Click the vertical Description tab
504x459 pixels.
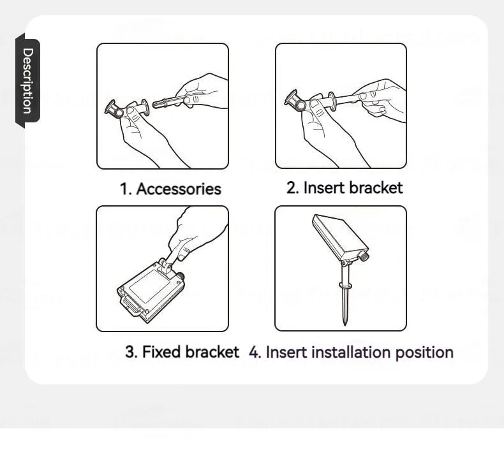[27, 80]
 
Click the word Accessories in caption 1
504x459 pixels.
[179, 189]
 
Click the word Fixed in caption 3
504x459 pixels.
[161, 352]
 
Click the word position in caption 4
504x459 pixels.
[424, 353]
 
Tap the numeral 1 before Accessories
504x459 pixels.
[124, 189]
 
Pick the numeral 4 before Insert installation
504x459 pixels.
[254, 353]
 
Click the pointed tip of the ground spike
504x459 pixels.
[345, 324]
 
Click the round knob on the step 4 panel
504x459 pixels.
[364, 257]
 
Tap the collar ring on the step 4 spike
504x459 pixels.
[345, 285]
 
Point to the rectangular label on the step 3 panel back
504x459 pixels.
[149, 286]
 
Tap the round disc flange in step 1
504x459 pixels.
[145, 107]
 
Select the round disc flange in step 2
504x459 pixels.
[332, 101]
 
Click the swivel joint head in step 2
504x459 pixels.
[295, 101]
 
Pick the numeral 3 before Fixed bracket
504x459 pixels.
[131, 352]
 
